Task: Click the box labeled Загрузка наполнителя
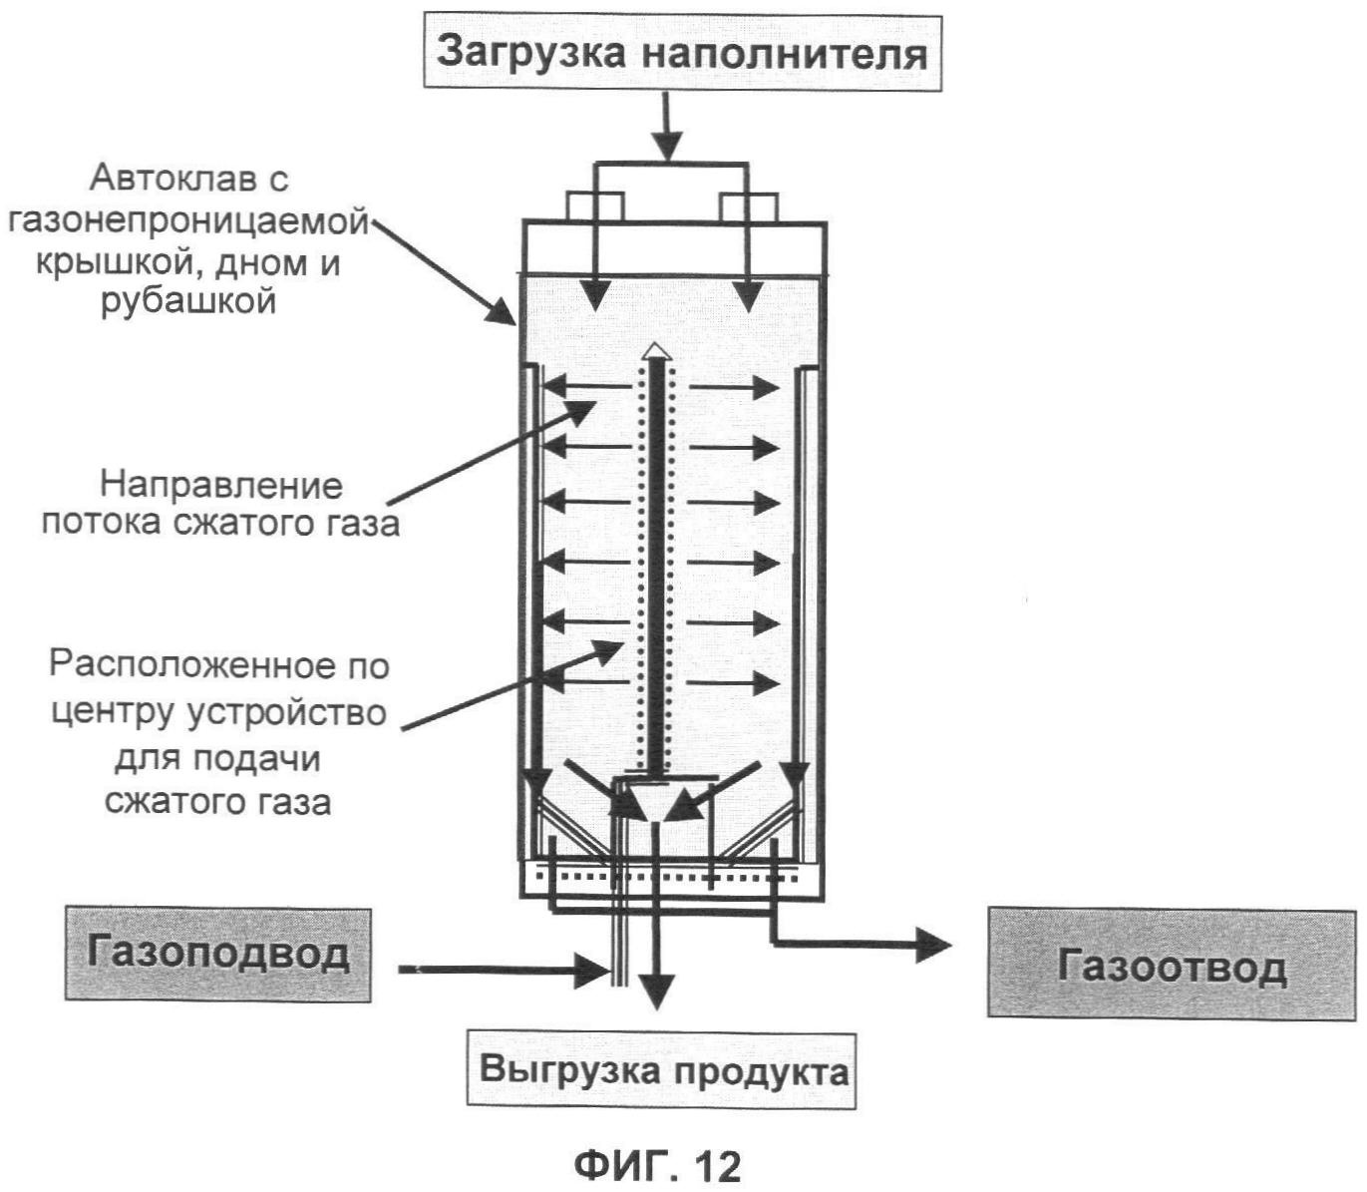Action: (x=683, y=52)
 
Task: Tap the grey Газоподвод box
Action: (x=217, y=954)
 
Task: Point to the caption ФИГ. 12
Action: (x=658, y=1164)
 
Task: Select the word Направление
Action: (x=220, y=486)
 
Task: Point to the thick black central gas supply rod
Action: (x=655, y=559)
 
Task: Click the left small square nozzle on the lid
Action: (x=595, y=206)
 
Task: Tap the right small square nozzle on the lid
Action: (x=748, y=206)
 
